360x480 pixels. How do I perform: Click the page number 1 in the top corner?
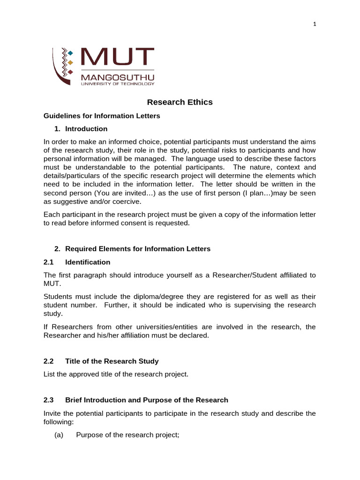click(315, 25)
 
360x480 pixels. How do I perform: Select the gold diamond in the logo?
click(70, 62)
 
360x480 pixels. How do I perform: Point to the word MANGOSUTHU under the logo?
click(118, 77)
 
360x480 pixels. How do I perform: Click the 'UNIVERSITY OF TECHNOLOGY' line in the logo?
click(118, 84)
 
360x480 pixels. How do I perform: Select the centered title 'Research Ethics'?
click(180, 102)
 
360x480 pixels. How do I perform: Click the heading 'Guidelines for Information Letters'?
click(102, 116)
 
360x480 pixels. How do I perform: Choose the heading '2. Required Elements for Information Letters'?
click(133, 249)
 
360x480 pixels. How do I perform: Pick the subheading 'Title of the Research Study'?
click(112, 361)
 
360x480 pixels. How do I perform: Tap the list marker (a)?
click(59, 435)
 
